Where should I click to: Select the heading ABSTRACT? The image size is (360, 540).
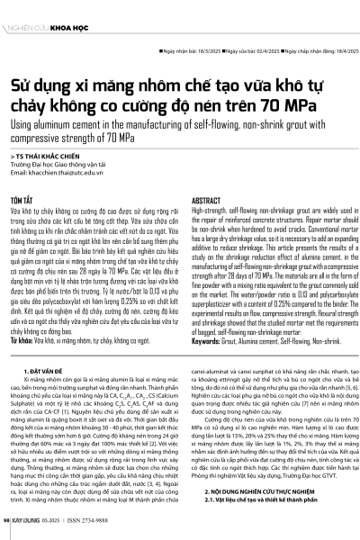(208, 202)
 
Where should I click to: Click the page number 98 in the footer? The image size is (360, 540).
(9, 530)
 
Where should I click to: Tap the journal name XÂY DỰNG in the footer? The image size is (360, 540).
(28, 530)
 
